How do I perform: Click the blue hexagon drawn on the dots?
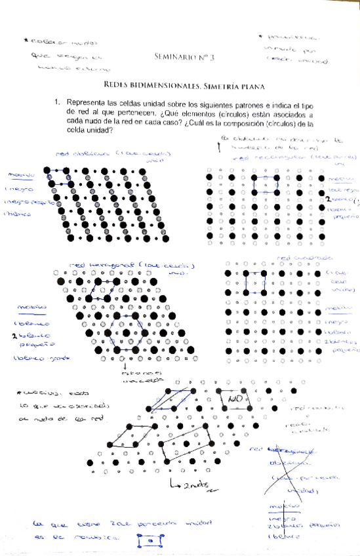pyautogui.click(x=127, y=330)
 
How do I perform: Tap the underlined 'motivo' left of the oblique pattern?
pyautogui.click(x=18, y=174)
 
